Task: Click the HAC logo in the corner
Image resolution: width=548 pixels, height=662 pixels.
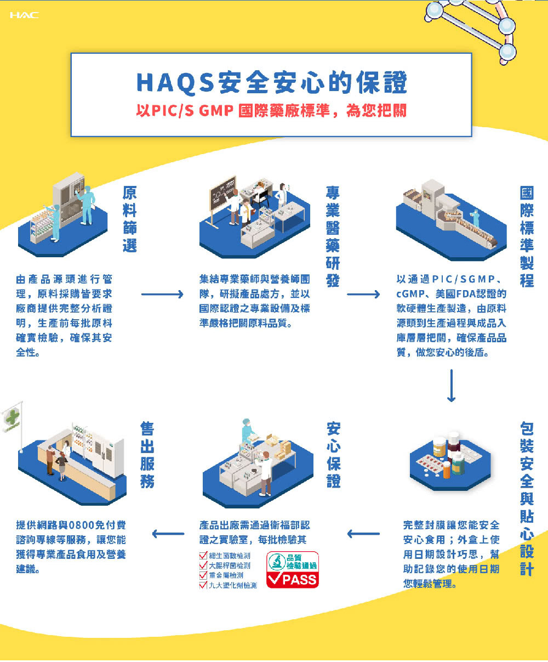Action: coord(25,15)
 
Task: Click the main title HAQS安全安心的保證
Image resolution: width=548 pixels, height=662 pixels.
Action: coord(271,82)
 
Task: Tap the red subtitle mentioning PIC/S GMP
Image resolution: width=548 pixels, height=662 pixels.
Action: coord(271,111)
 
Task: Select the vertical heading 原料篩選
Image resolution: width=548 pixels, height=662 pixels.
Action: coord(129,219)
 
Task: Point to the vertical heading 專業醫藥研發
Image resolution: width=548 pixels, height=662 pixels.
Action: coord(333,236)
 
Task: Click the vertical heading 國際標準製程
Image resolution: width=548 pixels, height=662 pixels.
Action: coord(527,236)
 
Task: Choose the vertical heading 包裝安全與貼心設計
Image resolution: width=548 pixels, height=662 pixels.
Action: coord(527,499)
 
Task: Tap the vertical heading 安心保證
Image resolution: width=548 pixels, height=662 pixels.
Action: coord(334,454)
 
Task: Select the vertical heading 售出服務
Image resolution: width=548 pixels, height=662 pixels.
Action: coord(147,454)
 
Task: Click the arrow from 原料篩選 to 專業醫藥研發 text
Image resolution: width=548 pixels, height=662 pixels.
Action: coord(162,294)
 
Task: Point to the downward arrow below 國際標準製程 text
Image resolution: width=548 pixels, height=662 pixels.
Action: coord(451,386)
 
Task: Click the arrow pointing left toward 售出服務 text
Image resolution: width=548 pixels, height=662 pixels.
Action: coord(168,534)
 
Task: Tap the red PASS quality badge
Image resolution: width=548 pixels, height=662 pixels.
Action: coord(293,570)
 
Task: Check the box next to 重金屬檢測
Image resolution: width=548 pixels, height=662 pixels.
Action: coord(203,575)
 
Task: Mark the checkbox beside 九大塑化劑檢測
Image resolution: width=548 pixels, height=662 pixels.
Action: coord(203,585)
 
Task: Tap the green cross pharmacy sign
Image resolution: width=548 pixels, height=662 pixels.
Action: coord(12,417)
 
